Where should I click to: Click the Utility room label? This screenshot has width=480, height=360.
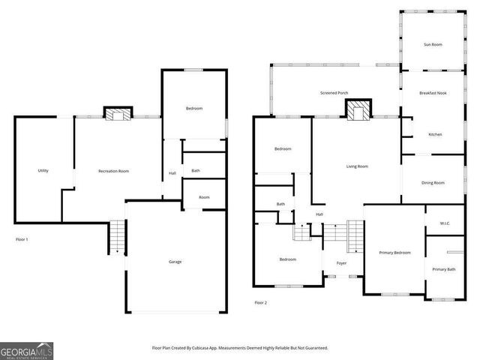pyautogui.click(x=43, y=171)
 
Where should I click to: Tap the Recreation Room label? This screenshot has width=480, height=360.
pyautogui.click(x=113, y=171)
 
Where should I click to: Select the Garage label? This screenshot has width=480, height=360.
pyautogui.click(x=175, y=262)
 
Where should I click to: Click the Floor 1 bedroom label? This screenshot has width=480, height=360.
pyautogui.click(x=194, y=109)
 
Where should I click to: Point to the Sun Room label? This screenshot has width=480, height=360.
pyautogui.click(x=433, y=45)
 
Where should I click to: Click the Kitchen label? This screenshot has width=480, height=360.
pyautogui.click(x=435, y=134)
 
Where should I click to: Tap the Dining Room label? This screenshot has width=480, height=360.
pyautogui.click(x=433, y=182)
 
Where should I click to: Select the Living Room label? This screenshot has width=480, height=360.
pyautogui.click(x=357, y=166)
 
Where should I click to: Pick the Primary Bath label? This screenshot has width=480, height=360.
pyautogui.click(x=443, y=268)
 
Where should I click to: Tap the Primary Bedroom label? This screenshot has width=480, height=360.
pyautogui.click(x=394, y=253)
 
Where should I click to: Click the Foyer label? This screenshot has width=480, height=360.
pyautogui.click(x=341, y=263)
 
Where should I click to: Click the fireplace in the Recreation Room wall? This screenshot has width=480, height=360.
pyautogui.click(x=116, y=114)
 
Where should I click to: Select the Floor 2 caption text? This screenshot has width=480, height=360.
pyautogui.click(x=260, y=302)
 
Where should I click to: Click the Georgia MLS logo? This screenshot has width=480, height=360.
pyautogui.click(x=26, y=350)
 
